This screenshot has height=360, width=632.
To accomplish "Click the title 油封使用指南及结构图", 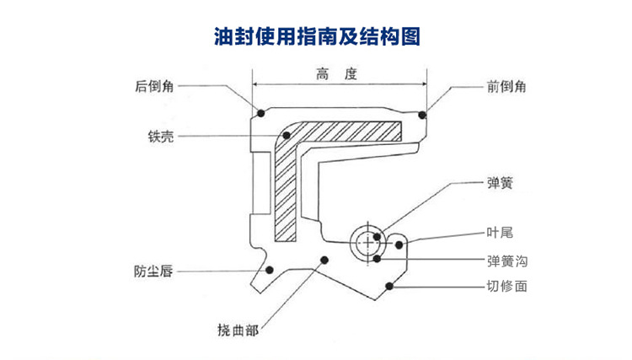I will [x=315, y=37].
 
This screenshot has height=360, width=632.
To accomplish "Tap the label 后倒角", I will [x=154, y=85].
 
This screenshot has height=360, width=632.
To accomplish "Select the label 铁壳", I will [x=160, y=137].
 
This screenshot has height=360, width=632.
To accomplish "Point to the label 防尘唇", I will [x=154, y=271].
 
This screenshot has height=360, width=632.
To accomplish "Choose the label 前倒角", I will [x=507, y=86].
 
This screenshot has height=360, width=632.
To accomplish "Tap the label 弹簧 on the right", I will [x=501, y=181].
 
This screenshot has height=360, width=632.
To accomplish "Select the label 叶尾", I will [x=501, y=233].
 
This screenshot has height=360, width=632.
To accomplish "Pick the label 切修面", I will [x=506, y=287].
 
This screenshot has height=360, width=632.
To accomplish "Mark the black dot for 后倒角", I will [x=261, y=113].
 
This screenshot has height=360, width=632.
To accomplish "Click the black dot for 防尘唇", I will [x=270, y=270].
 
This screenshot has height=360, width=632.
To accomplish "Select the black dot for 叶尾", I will [x=400, y=244].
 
